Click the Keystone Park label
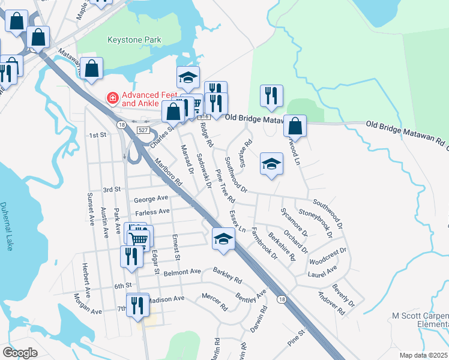coord(134,40)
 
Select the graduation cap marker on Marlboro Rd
coord(223,239)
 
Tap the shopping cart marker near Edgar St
coord(139,238)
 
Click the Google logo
coord(20,353)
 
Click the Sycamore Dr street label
coord(295,221)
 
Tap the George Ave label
coord(151,199)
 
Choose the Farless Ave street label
coord(152,212)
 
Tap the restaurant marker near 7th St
coord(137,305)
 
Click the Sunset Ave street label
coord(91,205)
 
